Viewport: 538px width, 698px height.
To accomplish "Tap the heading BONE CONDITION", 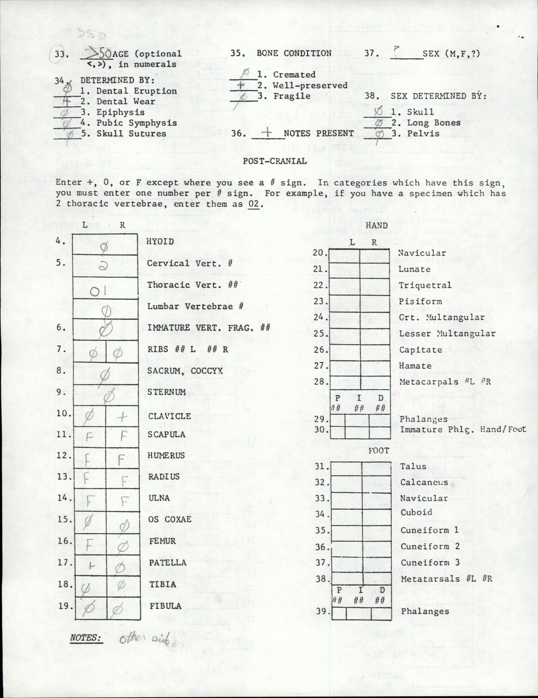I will pyautogui.click(x=294, y=53).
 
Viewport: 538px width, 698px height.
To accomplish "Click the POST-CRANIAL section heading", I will pyautogui.click(x=275, y=161).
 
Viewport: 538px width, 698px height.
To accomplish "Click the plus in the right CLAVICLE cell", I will pyautogui.click(x=122, y=416).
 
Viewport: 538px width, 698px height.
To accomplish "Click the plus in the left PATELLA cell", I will pyautogui.click(x=91, y=566).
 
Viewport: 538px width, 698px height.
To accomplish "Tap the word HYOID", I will pyautogui.click(x=160, y=242).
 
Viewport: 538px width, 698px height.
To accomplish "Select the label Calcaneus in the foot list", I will pyautogui.click(x=424, y=482).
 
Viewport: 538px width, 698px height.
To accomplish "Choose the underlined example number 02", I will pyautogui.click(x=254, y=204).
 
